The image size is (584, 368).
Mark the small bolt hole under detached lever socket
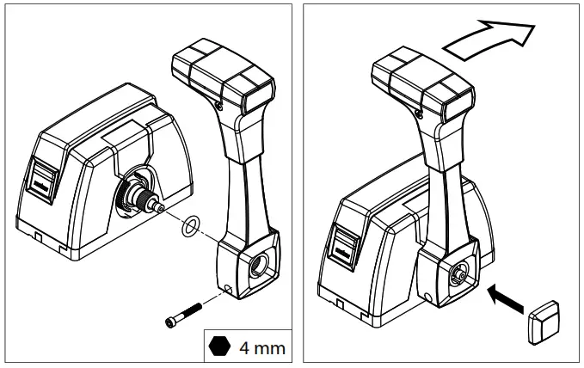(227, 288)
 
